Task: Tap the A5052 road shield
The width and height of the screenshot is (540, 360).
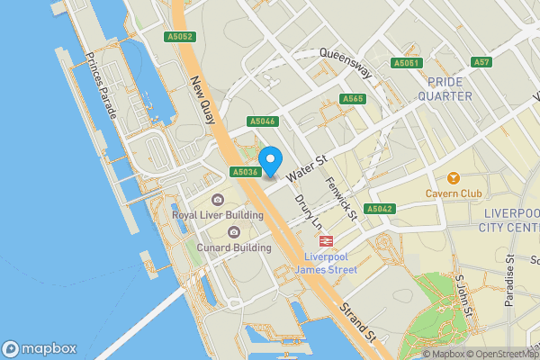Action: tap(180, 37)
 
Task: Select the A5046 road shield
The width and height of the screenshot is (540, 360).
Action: tap(263, 121)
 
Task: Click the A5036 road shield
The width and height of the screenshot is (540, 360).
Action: tap(245, 171)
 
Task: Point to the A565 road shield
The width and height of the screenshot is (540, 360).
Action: tap(352, 98)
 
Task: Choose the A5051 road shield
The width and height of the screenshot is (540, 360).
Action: tap(407, 62)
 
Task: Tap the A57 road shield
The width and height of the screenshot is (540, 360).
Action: tap(482, 62)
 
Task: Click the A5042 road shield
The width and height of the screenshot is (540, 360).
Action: tap(381, 209)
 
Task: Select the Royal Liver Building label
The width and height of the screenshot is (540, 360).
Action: tap(218, 215)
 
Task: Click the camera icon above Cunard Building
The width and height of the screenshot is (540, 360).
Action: tap(234, 232)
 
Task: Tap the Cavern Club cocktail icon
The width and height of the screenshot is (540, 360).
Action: tap(453, 177)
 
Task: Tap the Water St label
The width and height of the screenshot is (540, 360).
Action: tap(306, 167)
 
